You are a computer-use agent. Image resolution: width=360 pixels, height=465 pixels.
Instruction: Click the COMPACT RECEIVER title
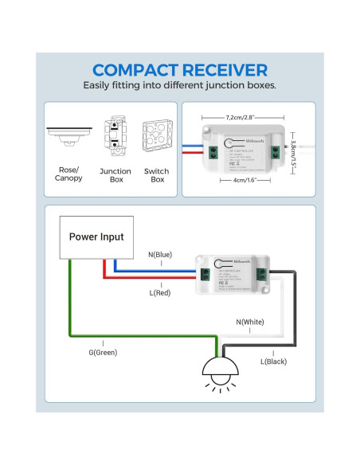click(x=180, y=70)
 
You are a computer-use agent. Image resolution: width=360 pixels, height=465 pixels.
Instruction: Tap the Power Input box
click(x=96, y=237)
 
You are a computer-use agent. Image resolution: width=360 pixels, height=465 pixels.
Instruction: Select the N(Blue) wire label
click(x=161, y=256)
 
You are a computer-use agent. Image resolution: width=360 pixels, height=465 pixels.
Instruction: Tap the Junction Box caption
click(x=115, y=175)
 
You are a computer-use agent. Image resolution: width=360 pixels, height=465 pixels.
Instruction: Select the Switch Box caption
click(x=157, y=175)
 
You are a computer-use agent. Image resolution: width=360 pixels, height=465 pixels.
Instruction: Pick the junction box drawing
click(x=115, y=137)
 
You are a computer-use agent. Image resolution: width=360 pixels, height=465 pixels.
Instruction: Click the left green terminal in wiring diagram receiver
click(x=205, y=275)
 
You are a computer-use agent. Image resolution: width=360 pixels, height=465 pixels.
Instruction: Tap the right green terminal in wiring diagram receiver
click(x=260, y=275)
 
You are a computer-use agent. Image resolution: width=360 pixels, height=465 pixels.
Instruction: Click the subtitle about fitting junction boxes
click(x=180, y=85)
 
